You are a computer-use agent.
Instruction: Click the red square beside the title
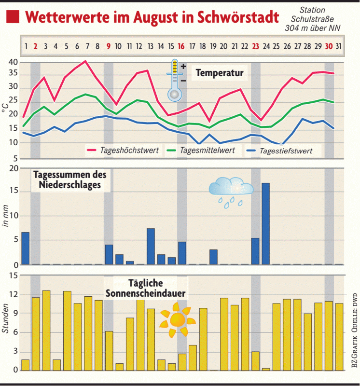click(14, 17)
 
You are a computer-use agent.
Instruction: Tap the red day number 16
click(181, 47)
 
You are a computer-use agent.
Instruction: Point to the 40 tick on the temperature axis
click(13, 62)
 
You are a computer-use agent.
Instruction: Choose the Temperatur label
click(219, 74)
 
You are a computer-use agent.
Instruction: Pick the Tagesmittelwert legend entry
click(208, 150)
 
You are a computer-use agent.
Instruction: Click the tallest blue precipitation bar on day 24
click(265, 223)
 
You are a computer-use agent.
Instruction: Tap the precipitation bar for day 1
click(25, 248)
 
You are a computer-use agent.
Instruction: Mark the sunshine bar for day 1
click(25, 365)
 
